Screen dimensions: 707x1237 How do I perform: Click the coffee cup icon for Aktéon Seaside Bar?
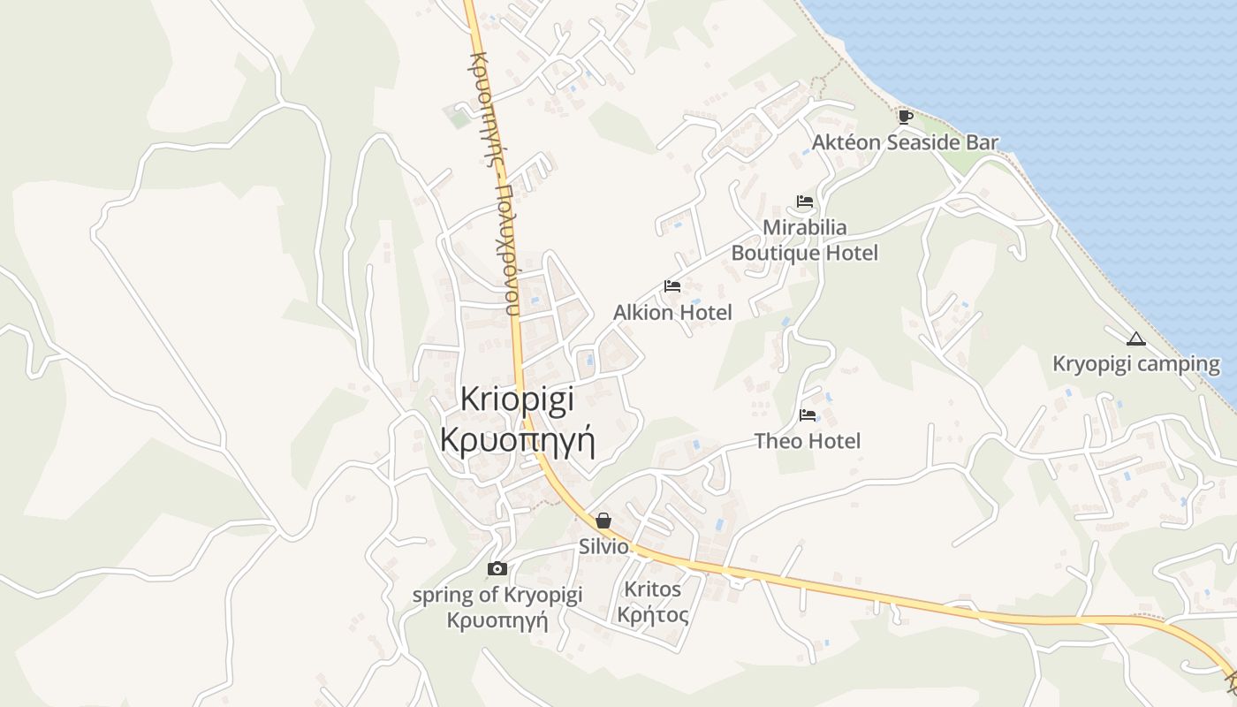click(x=905, y=117)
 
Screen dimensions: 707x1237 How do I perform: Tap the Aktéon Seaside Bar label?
click(x=905, y=142)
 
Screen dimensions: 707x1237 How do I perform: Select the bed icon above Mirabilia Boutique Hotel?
click(x=804, y=201)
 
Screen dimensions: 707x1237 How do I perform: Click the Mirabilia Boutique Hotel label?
click(x=804, y=240)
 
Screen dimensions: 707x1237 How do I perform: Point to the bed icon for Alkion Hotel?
click(x=672, y=286)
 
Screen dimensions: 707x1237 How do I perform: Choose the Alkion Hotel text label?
click(x=672, y=312)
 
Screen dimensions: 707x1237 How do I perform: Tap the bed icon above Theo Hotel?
click(x=808, y=414)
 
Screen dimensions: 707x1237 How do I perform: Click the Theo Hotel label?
click(x=807, y=440)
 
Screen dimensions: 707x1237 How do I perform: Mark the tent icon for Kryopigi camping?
click(x=1136, y=338)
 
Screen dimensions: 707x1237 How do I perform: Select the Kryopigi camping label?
click(x=1135, y=364)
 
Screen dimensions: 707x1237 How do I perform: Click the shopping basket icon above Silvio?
click(x=603, y=521)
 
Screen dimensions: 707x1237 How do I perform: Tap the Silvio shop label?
click(x=603, y=547)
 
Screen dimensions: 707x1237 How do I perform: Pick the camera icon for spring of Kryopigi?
click(x=497, y=568)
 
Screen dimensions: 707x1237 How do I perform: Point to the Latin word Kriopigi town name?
click(x=517, y=399)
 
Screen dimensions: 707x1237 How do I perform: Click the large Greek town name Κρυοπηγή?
click(x=517, y=439)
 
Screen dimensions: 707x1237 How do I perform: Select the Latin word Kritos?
click(x=652, y=589)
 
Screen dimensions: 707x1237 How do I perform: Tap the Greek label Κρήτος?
click(x=652, y=614)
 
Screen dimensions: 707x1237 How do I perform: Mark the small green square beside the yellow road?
click(x=458, y=117)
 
